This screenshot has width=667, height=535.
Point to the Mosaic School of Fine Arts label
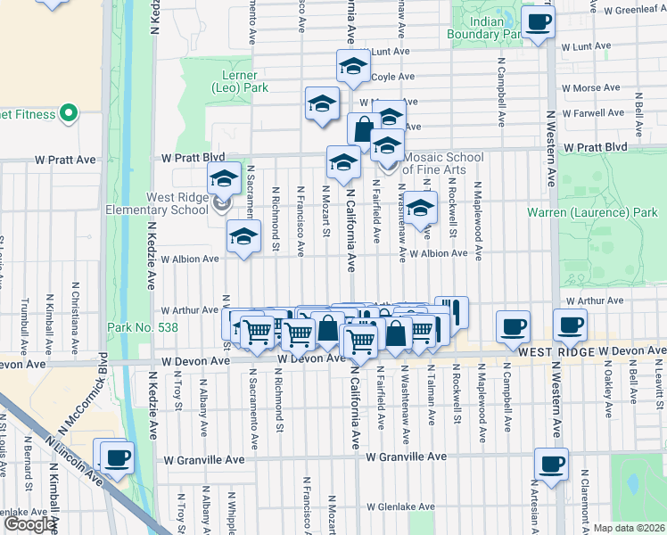(443, 162)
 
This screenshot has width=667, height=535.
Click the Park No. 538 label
(142, 327)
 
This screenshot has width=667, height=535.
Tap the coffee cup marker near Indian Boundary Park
(538, 22)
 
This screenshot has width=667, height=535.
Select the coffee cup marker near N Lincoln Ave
(117, 459)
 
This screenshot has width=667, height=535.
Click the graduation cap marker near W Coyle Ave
(353, 66)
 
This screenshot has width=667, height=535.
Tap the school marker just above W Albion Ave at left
(242, 237)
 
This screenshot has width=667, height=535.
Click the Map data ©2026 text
(629, 528)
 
